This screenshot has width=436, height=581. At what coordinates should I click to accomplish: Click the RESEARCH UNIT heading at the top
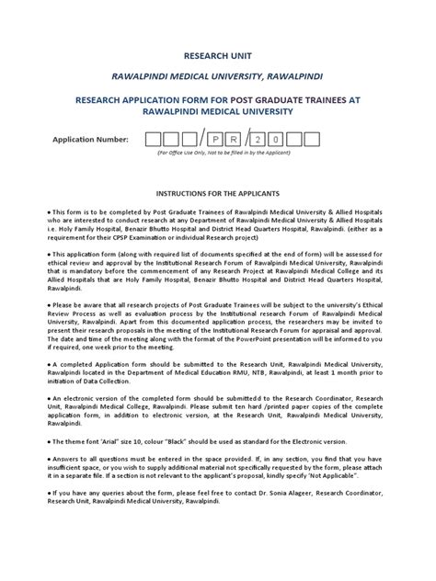(217, 54)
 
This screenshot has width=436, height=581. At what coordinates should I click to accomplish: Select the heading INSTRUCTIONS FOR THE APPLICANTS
(217, 195)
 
